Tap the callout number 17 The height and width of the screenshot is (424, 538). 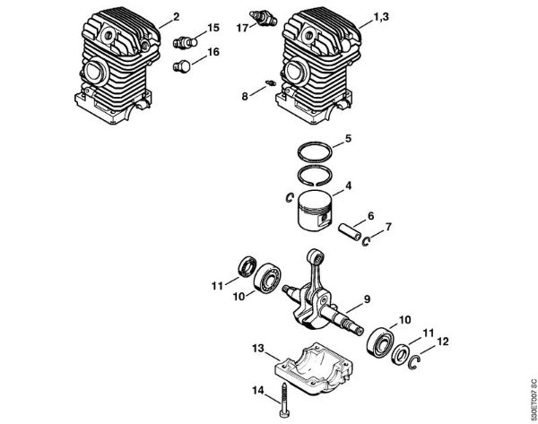[x=242, y=28]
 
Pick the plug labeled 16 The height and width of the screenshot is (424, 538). [x=185, y=66]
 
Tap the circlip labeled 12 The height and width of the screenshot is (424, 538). [x=416, y=362]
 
